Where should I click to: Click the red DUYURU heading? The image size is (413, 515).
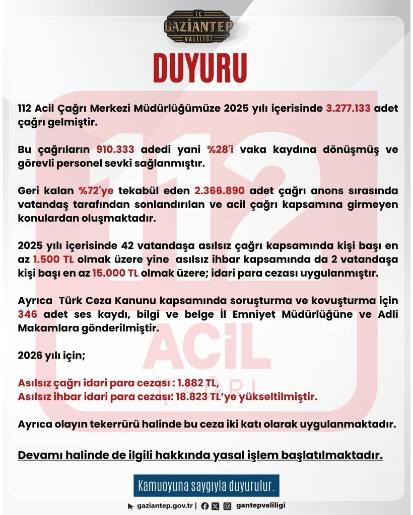tap(200, 67)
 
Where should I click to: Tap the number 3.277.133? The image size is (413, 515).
tap(348, 109)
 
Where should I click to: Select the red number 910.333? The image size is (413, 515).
tap(118, 149)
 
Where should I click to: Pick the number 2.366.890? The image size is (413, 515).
tap(220, 191)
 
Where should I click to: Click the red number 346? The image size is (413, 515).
tap(26, 314)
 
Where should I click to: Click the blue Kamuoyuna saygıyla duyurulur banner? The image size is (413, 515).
tap(206, 486)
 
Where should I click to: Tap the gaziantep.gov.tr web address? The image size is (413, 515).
tap(164, 505)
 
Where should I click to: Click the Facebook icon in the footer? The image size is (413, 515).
tap(205, 505)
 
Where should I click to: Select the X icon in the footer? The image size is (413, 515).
tap(216, 505)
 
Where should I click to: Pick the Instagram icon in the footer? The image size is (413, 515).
tap(228, 505)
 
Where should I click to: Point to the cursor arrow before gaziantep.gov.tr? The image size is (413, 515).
tap(131, 506)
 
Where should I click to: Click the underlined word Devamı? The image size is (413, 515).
tap(41, 455)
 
